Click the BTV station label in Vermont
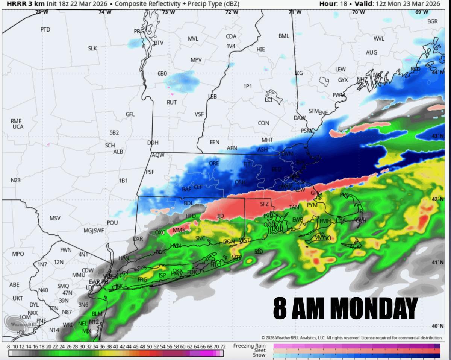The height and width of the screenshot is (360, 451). click(x=159, y=43)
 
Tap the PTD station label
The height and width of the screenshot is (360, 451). click(x=45, y=29)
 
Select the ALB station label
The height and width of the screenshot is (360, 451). click(x=118, y=152)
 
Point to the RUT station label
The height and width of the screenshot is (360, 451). click(x=172, y=102)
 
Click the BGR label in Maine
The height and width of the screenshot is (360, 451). click(x=432, y=21)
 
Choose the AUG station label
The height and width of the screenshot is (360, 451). click(x=371, y=52)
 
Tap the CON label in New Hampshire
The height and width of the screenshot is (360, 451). click(x=263, y=123)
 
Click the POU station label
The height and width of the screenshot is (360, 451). click(x=112, y=223)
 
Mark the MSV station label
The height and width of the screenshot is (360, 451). click(x=55, y=218)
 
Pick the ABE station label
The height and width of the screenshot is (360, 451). click(x=14, y=284)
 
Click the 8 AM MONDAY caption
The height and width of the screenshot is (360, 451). click(x=345, y=308)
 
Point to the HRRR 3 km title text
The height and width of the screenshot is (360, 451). click(x=23, y=4)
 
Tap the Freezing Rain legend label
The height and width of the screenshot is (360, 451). click(x=249, y=346)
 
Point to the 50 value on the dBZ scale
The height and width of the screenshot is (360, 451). click(x=149, y=346)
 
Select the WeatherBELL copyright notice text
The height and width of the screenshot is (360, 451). click(x=352, y=337)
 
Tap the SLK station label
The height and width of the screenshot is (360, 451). click(x=92, y=48)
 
